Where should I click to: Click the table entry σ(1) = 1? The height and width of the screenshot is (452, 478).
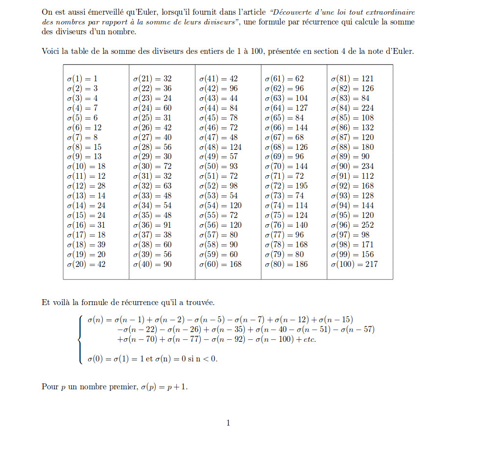click(82, 78)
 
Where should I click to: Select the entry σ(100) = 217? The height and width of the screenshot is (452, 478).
click(354, 264)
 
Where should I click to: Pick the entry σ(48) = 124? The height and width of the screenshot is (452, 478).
click(220, 147)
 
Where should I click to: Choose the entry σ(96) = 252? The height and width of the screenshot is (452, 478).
click(352, 225)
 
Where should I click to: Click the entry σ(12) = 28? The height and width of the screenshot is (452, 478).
click(86, 186)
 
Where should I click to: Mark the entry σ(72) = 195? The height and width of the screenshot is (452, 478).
click(287, 186)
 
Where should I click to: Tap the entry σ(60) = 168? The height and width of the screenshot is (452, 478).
click(220, 264)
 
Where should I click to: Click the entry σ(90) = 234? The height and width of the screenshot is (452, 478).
click(352, 166)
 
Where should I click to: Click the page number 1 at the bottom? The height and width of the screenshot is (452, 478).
click(228, 423)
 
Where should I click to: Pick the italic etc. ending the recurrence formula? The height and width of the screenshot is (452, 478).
click(309, 339)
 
